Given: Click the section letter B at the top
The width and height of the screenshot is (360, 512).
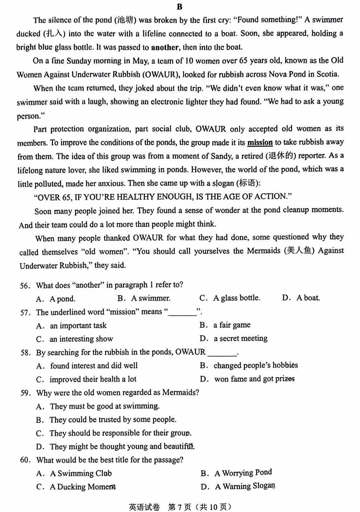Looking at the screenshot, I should tap(179, 7).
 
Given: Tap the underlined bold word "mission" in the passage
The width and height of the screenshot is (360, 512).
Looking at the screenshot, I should tap(260, 143).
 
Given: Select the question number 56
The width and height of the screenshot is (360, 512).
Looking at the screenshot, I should tap(25, 285).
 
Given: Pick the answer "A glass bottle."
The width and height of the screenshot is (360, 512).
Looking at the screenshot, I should tap(237, 298).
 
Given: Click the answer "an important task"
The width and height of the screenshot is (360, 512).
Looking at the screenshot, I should tap(78, 325).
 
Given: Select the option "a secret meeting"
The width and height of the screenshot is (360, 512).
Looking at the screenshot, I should tap(240, 338).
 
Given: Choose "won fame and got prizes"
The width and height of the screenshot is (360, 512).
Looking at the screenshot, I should tap(254, 379).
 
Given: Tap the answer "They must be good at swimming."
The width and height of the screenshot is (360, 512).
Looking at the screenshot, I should tap(104, 406).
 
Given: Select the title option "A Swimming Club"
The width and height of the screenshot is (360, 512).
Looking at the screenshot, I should tap(81, 474).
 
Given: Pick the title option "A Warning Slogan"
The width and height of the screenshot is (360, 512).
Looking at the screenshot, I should tap(245, 486).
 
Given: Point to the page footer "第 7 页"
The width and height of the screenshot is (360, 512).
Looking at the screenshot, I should tap(179, 507).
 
